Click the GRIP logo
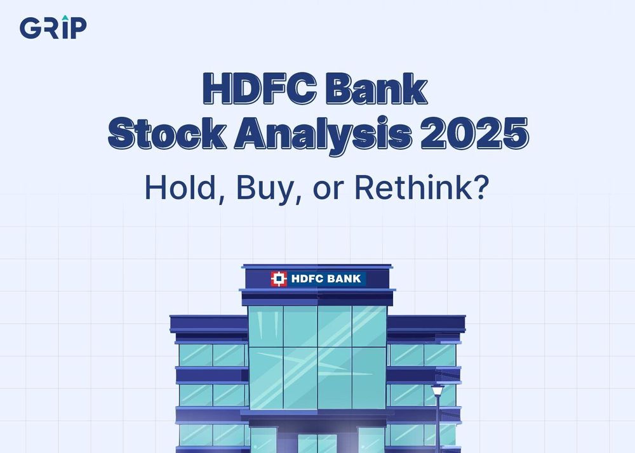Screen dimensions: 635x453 tap(53, 27)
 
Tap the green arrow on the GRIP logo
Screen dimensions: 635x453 tap(65, 18)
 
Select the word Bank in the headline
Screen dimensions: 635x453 tap(377, 89)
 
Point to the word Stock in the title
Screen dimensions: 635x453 tap(167, 133)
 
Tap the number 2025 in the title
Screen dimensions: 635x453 tap(474, 133)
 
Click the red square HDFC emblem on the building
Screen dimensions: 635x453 tap(279, 279)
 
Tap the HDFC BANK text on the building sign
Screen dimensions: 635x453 tap(326, 279)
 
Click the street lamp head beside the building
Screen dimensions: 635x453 tap(438, 390)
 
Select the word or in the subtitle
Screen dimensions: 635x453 tap(328, 190)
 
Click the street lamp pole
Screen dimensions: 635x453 tap(438, 424)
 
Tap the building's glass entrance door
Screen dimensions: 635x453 tap(317, 443)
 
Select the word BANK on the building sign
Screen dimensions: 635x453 tap(344, 279)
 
